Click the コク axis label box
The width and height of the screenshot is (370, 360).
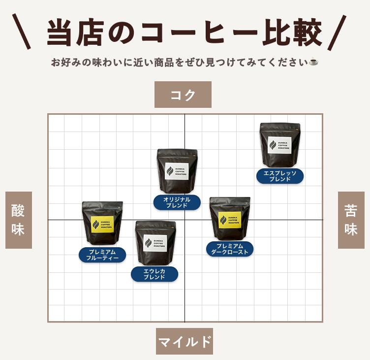(183, 95)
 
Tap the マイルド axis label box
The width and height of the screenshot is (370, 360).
(185, 341)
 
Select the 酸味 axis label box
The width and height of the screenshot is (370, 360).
(19, 220)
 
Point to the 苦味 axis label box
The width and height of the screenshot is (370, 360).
(351, 220)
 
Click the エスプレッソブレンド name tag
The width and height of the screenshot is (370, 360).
(280, 176)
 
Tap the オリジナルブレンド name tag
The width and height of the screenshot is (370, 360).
(177, 202)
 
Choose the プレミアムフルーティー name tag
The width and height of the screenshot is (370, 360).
(102, 255)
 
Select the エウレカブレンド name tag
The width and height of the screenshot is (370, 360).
(154, 274)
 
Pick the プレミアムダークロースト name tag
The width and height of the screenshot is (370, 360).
(230, 249)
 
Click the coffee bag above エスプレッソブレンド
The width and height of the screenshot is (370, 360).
(280, 145)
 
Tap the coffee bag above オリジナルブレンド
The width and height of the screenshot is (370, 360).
(177, 171)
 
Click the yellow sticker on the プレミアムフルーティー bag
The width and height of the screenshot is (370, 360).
(102, 224)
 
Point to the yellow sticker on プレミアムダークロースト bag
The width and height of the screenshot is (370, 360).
(230, 220)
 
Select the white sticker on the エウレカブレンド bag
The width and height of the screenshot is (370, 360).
(155, 243)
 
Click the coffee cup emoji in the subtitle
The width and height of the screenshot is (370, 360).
(313, 62)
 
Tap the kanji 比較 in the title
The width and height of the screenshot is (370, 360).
(292, 33)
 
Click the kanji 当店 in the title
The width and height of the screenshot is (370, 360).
(75, 33)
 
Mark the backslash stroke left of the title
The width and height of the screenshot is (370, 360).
(22, 32)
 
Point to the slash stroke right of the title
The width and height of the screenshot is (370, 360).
(337, 33)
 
